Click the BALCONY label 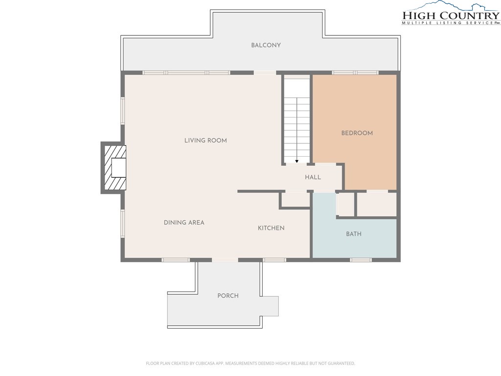[x=266, y=45]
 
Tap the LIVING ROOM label [x=205, y=141]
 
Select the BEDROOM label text [x=357, y=133]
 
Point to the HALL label [x=313, y=177]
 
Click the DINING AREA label [x=184, y=223]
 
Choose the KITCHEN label [x=271, y=228]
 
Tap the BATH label [x=354, y=234]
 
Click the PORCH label [x=228, y=296]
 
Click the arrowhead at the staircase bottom [x=297, y=162]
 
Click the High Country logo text [x=451, y=15]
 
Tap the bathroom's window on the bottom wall [x=361, y=260]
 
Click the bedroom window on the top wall [x=355, y=72]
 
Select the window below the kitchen [x=274, y=260]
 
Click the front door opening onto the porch [x=225, y=260]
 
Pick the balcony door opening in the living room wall [x=265, y=72]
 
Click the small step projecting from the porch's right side [x=270, y=306]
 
